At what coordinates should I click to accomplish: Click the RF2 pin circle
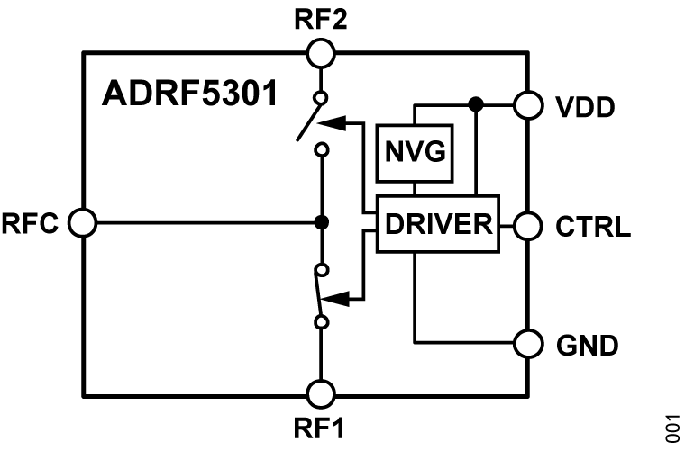(x=321, y=54)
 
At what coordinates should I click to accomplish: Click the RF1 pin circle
(x=321, y=393)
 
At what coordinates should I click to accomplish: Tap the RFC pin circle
(x=82, y=222)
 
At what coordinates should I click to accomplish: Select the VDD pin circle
(x=526, y=104)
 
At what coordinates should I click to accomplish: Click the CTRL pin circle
(x=526, y=222)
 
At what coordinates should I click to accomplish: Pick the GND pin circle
(x=526, y=343)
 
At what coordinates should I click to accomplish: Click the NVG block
(x=414, y=149)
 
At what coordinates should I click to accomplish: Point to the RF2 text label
(x=321, y=18)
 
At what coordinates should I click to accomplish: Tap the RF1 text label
(x=321, y=430)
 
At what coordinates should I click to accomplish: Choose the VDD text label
(x=583, y=106)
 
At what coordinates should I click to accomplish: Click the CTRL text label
(x=590, y=224)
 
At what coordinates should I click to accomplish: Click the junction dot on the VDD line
(x=476, y=104)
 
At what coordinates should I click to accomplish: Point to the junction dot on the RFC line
(x=321, y=222)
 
